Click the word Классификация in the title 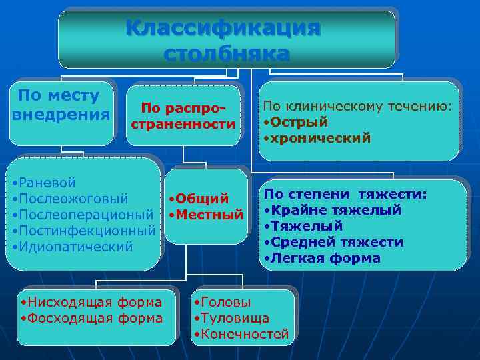pyautogui.click(x=223, y=30)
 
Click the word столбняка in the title pyautogui.click(x=227, y=53)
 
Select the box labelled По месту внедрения pyautogui.click(x=61, y=105)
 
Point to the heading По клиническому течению pyautogui.click(x=357, y=106)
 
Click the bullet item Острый pyautogui.click(x=297, y=123)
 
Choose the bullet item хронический pyautogui.click(x=319, y=139)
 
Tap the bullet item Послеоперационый pyautogui.click(x=83, y=215)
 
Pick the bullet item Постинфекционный pyautogui.click(x=83, y=231)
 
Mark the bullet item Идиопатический pyautogui.click(x=73, y=247)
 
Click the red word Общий pyautogui.click(x=199, y=199)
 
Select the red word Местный pyautogui.click(x=206, y=215)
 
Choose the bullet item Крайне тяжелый pyautogui.click(x=334, y=210)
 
